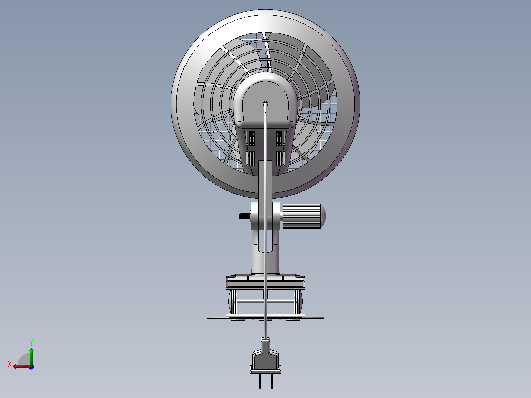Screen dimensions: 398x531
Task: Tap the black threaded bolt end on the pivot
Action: point(244,216)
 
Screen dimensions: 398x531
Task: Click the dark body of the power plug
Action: point(265,361)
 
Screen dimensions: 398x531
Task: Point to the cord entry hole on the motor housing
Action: point(265,103)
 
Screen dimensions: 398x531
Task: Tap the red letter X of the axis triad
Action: point(10,364)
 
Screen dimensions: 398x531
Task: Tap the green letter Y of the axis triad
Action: point(31,342)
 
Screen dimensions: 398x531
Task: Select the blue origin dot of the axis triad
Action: point(31,366)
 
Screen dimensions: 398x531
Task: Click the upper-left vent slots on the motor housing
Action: point(251,138)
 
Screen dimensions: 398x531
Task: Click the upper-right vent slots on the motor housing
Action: point(281,138)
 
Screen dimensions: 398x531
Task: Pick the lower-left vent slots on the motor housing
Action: point(251,158)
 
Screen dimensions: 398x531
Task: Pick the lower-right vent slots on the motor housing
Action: point(281,158)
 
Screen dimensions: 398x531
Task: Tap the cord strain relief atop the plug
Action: point(265,343)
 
